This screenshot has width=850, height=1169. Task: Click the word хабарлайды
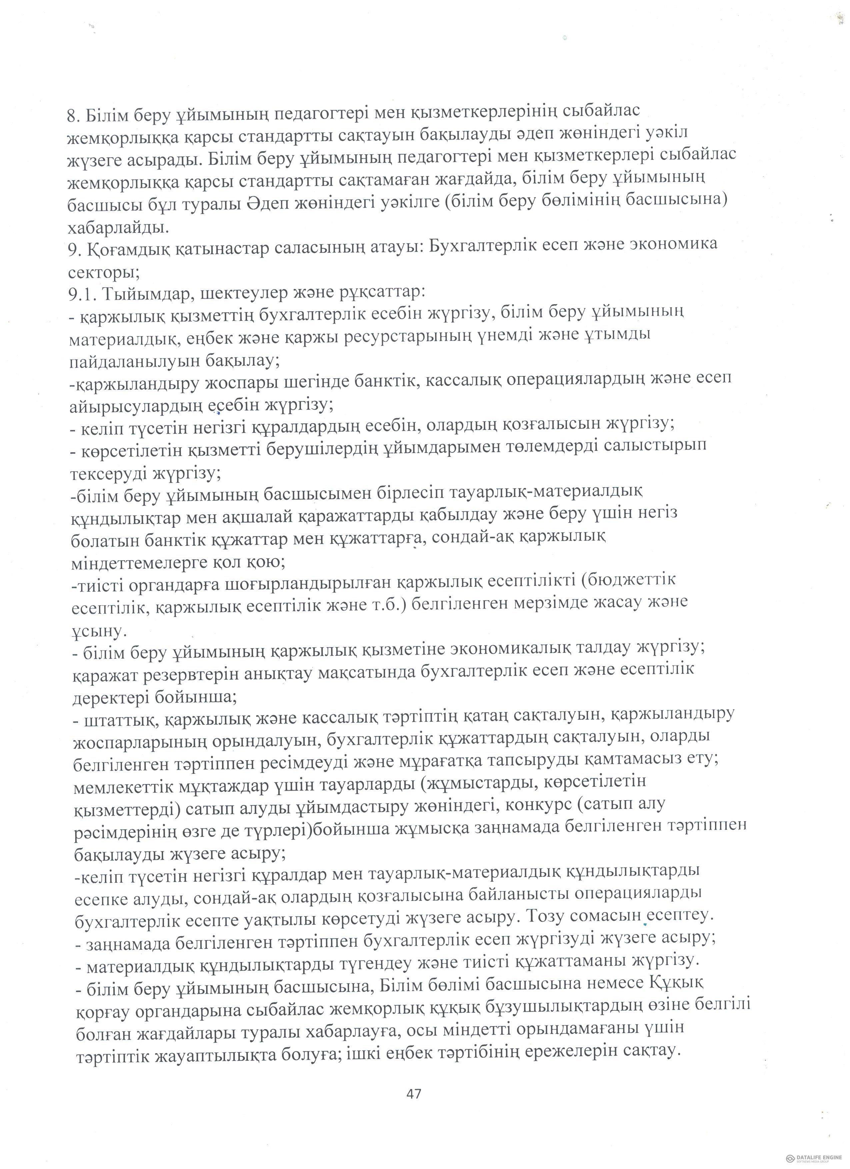pos(118,227)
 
